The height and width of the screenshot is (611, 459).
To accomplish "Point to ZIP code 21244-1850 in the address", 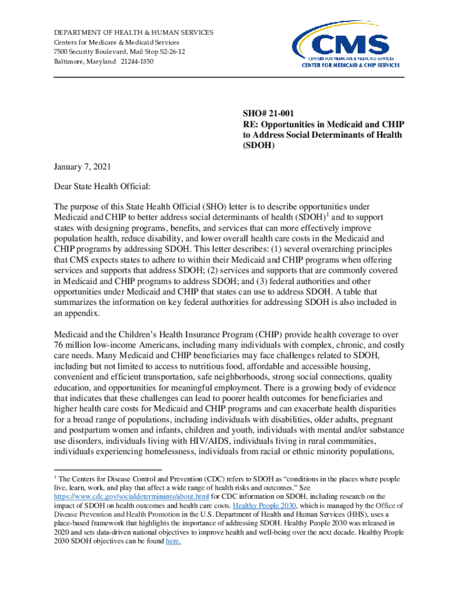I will coord(135,62).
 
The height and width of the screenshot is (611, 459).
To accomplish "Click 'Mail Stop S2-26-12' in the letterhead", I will coord(156,52).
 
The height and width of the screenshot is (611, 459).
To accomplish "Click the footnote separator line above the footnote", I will coord(107,470).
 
